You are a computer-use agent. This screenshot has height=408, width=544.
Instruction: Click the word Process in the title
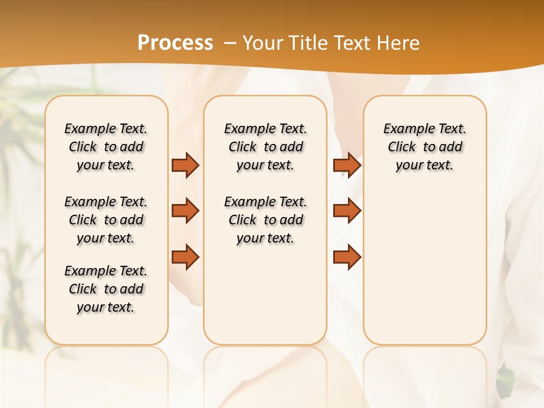click(x=175, y=43)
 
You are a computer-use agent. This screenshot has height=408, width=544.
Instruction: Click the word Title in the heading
click(x=309, y=43)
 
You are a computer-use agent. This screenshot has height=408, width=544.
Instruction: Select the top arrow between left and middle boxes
click(x=185, y=165)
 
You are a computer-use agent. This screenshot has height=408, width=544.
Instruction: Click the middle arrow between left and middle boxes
click(x=185, y=211)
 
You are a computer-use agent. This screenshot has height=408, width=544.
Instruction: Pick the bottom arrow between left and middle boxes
click(x=185, y=257)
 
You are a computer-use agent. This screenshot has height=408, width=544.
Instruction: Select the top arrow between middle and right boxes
click(x=347, y=165)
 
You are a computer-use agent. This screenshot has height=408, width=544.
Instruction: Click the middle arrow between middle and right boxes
click(x=347, y=211)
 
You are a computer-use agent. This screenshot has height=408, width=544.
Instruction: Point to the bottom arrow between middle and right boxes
click(x=347, y=257)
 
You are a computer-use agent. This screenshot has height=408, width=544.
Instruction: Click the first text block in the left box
click(x=106, y=147)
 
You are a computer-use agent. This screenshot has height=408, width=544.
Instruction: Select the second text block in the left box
click(x=106, y=220)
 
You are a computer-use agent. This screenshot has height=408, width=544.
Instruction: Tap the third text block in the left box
click(x=106, y=289)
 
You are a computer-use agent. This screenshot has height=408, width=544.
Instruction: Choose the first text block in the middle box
click(x=265, y=147)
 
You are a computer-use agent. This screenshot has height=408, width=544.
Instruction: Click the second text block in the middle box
click(x=265, y=220)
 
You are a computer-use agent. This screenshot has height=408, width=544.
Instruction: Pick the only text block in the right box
click(x=424, y=147)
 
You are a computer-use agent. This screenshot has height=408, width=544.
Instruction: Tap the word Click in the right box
click(x=402, y=147)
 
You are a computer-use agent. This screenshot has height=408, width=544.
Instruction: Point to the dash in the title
click(x=230, y=43)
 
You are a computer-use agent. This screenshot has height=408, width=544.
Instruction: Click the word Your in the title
click(x=262, y=43)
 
